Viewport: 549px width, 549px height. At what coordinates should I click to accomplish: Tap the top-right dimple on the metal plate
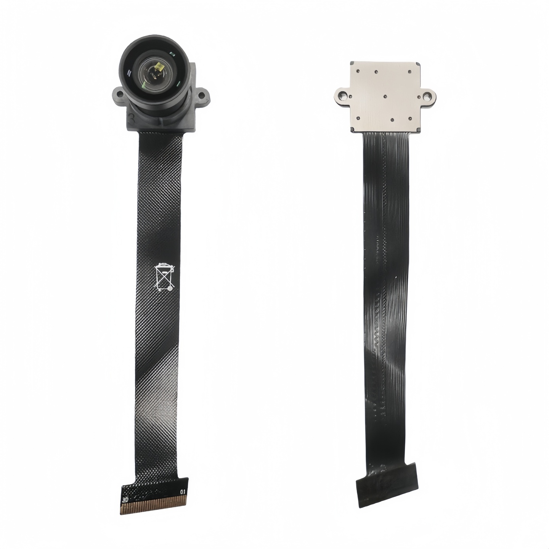[x=409, y=71]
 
